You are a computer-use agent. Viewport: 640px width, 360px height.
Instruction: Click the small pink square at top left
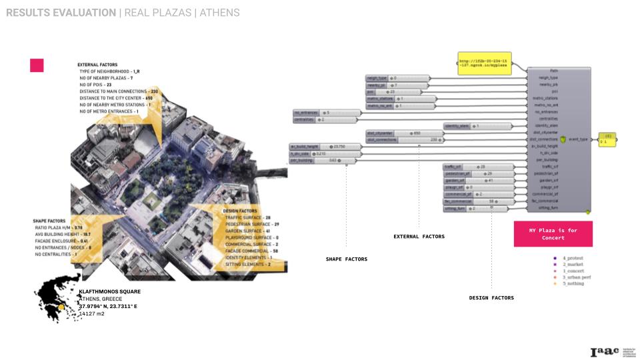(37, 65)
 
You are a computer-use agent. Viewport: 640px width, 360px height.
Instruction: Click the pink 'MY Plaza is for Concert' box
(553, 234)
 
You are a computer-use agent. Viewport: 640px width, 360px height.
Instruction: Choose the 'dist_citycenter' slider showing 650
(397, 133)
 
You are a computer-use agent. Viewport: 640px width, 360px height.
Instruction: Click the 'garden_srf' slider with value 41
(478, 180)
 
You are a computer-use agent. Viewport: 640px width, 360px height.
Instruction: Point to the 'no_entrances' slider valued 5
(319, 113)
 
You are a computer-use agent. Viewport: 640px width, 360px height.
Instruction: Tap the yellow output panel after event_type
(607, 139)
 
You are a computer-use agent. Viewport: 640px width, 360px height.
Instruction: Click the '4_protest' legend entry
(572, 257)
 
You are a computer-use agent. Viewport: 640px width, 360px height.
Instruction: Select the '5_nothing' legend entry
(572, 284)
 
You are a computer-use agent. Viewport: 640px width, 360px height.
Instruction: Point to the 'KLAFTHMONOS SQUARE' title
(109, 291)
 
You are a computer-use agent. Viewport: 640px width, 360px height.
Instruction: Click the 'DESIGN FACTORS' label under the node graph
(491, 298)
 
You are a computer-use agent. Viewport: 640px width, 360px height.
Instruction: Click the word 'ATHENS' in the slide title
(219, 13)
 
